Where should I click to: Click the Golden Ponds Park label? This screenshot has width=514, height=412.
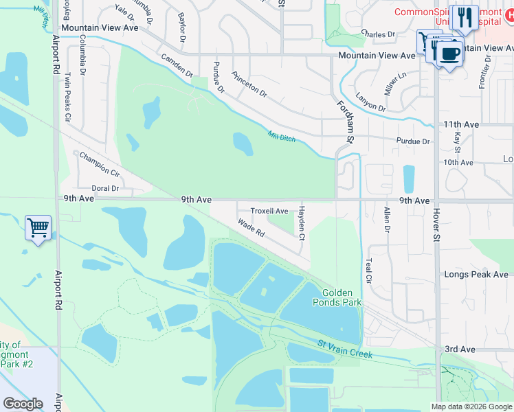pyautogui.click(x=337, y=297)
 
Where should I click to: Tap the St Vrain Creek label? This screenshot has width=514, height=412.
pyautogui.click(x=345, y=348)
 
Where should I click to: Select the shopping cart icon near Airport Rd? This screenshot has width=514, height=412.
pyautogui.click(x=38, y=227)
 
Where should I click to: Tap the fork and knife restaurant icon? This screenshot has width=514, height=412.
pyautogui.click(x=465, y=19)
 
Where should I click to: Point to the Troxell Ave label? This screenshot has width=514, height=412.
pyautogui.click(x=269, y=211)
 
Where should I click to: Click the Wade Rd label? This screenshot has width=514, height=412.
pyautogui.click(x=252, y=228)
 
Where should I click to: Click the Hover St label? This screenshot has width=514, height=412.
pyautogui.click(x=436, y=226)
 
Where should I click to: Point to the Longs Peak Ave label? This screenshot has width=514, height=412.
pyautogui.click(x=476, y=275)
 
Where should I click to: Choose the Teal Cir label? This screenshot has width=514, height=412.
pyautogui.click(x=369, y=271)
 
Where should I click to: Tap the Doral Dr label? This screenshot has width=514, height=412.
pyautogui.click(x=106, y=188)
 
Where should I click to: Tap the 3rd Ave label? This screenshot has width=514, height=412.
pyautogui.click(x=460, y=350)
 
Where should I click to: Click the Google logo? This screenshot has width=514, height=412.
pyautogui.click(x=23, y=404)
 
